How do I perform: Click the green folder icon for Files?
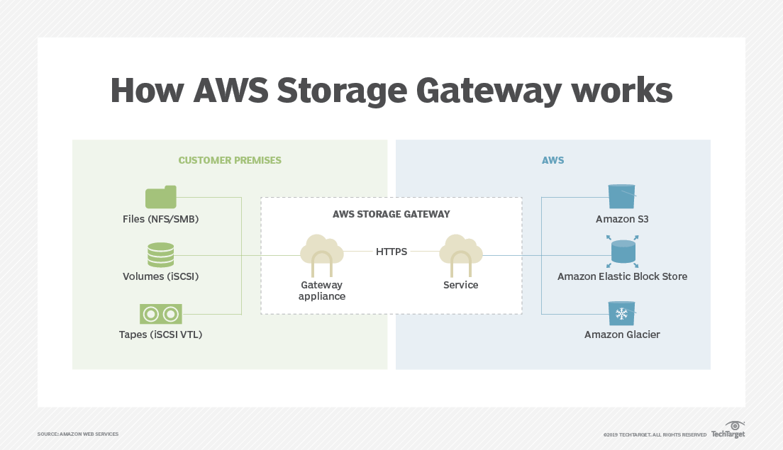click(160, 197)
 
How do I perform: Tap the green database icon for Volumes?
click(160, 254)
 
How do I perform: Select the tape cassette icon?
click(160, 313)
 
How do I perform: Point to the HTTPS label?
click(391, 251)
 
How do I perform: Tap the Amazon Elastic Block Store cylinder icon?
click(622, 252)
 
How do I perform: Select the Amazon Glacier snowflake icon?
click(622, 313)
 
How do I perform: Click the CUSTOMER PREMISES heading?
click(230, 160)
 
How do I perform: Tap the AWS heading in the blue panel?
click(552, 160)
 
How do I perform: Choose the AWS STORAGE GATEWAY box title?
click(391, 213)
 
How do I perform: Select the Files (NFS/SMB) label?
click(160, 219)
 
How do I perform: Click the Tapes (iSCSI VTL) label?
click(160, 334)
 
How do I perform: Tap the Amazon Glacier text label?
click(622, 334)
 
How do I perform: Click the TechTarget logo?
click(728, 430)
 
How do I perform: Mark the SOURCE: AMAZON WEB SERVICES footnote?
click(78, 434)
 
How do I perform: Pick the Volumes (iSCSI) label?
click(160, 276)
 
